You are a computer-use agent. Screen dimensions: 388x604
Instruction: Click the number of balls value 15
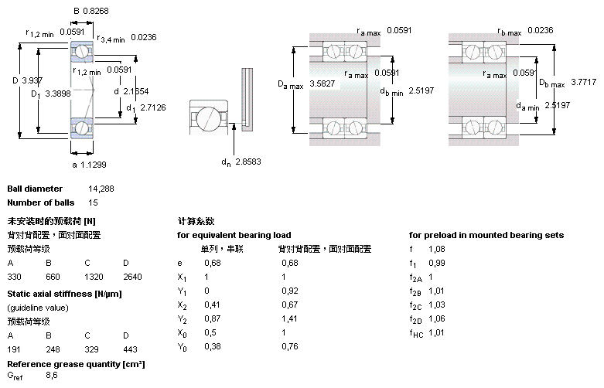point(94,203)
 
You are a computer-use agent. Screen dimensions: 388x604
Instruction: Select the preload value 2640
point(132,276)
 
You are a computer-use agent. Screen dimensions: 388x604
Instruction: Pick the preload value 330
point(14,276)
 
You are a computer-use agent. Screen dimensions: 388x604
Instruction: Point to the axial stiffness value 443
point(130,349)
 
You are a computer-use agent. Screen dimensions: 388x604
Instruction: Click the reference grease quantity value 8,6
point(52,376)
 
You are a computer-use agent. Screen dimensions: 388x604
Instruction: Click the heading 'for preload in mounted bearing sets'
point(486,235)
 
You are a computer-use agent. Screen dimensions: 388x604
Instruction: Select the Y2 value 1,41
point(290,318)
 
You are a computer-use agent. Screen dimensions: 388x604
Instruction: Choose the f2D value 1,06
point(438,318)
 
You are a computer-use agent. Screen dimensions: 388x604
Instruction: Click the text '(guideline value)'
point(36,308)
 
